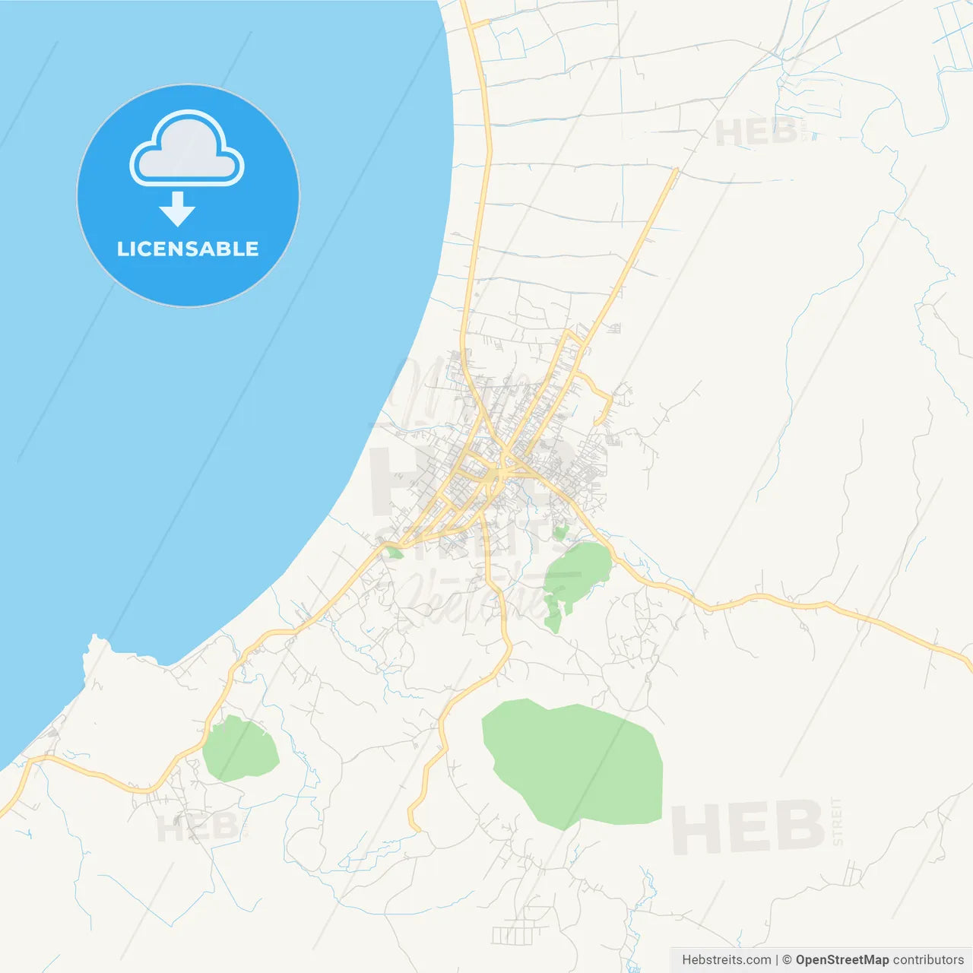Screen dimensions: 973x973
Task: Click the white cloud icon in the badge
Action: (x=187, y=150)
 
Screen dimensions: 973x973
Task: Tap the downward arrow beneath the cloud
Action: (x=177, y=209)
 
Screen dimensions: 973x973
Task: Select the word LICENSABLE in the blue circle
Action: (x=188, y=249)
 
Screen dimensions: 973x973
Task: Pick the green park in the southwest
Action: (x=239, y=750)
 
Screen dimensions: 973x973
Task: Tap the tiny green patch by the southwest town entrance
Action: (x=394, y=552)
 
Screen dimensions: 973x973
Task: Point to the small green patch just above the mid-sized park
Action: (x=561, y=532)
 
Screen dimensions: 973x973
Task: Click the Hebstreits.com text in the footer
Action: (x=726, y=960)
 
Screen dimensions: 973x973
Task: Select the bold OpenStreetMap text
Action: (x=841, y=960)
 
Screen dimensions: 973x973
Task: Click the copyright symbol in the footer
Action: (x=787, y=960)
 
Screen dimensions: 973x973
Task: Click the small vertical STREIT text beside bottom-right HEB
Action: (x=837, y=821)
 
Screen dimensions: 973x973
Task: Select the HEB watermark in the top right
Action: (x=756, y=133)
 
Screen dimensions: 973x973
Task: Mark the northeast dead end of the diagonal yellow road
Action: (x=675, y=170)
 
